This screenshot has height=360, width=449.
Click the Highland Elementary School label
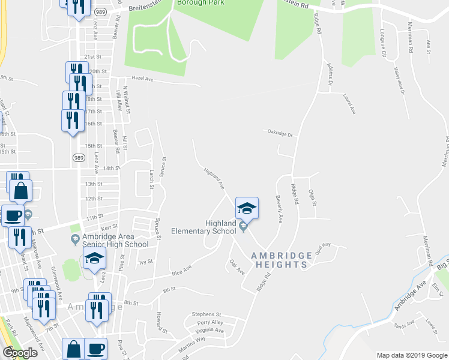click(203, 227)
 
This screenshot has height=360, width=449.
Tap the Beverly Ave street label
click(279, 209)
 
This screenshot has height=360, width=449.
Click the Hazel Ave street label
click(143, 79)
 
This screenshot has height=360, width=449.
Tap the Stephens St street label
click(206, 314)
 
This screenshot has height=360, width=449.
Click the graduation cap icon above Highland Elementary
click(247, 208)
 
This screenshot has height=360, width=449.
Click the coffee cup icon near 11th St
click(13, 215)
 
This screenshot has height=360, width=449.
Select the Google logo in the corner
click(19, 353)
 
